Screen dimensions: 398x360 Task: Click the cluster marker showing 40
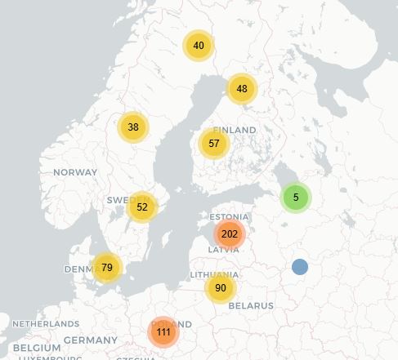point(199,46)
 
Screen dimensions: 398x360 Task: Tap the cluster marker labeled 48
point(242,89)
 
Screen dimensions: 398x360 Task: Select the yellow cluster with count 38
point(133,127)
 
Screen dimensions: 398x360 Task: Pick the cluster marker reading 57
point(214,144)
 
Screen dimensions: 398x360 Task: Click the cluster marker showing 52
point(142,207)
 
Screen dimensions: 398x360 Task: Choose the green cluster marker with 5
point(296,198)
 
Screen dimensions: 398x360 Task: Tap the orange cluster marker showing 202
point(230,234)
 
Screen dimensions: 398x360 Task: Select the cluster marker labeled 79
point(107,268)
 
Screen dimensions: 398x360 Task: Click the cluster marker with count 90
point(221,288)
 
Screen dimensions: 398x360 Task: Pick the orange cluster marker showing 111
point(163,332)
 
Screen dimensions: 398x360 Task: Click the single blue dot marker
point(300,267)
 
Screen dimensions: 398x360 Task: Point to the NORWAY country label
point(75,172)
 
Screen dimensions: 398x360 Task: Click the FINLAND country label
point(235,130)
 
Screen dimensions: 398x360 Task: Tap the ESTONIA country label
point(230,217)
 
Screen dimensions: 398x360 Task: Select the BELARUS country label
point(251,305)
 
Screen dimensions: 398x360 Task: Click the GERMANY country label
point(91,340)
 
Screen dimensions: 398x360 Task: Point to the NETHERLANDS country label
point(46,324)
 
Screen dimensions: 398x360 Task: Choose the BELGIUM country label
point(37,348)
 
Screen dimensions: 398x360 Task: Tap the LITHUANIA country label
point(214,275)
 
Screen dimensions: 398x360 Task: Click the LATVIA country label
point(223,250)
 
